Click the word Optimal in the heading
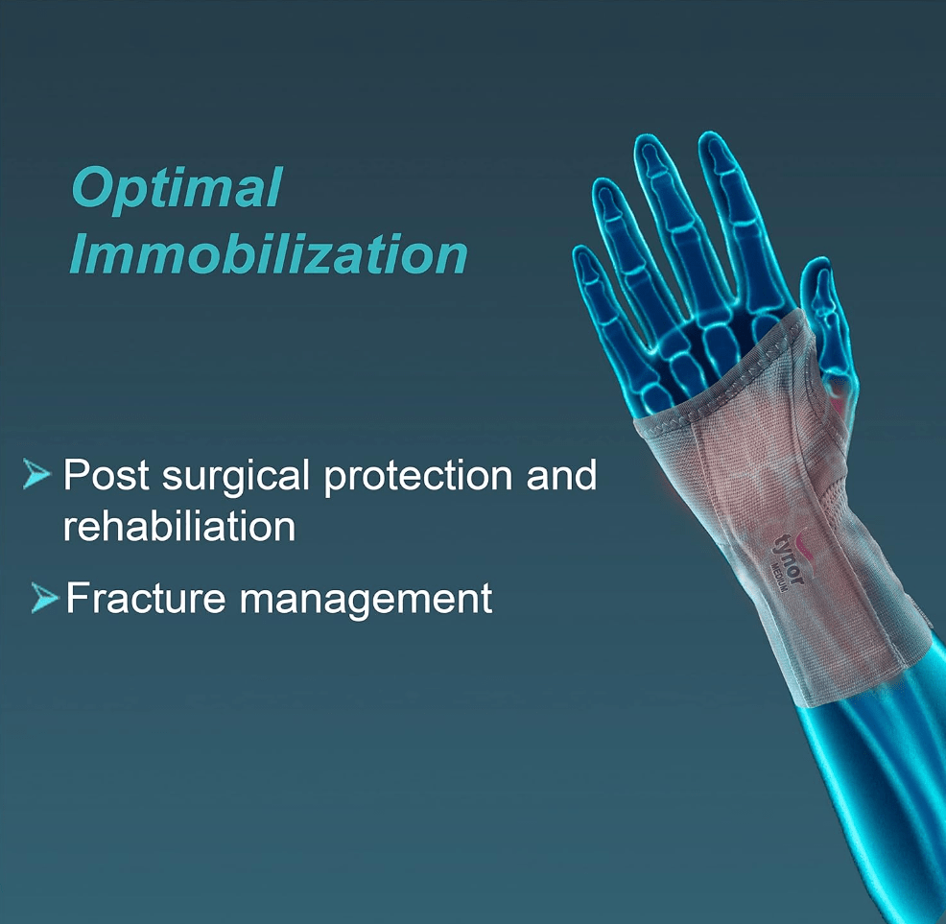coord(177,188)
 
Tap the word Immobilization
coord(269,253)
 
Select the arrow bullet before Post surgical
coord(36,474)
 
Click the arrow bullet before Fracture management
coord(45,598)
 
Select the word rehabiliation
coord(179,526)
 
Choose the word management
coord(366,600)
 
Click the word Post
coord(106,474)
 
